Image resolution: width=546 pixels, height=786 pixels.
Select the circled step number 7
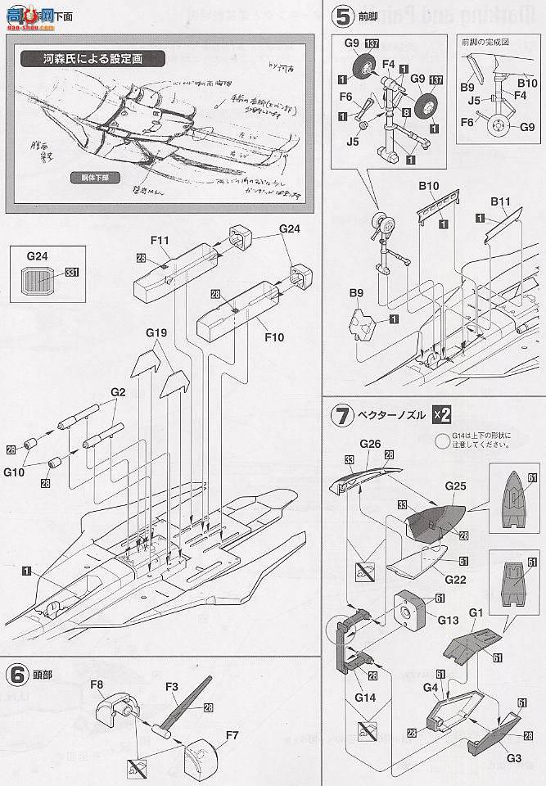[x=340, y=414]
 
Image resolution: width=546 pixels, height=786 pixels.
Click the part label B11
[x=501, y=201]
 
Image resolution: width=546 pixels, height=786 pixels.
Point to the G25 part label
[x=456, y=485]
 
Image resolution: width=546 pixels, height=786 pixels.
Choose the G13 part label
[x=448, y=620]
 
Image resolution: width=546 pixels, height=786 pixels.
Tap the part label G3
[x=513, y=757]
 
